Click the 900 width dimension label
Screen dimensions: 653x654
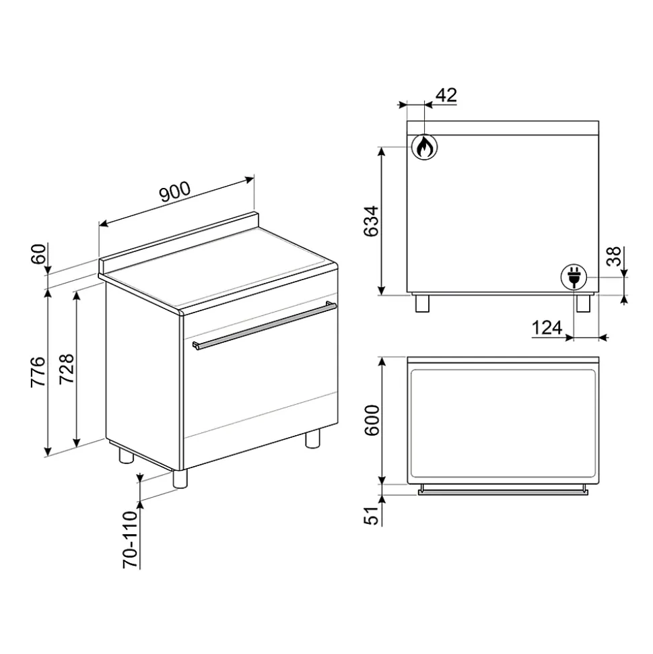click(x=175, y=192)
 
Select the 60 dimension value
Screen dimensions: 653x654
click(x=38, y=254)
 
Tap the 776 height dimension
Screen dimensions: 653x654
click(x=38, y=372)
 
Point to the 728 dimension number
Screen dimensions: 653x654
click(x=67, y=369)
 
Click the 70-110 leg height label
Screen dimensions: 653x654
click(x=130, y=539)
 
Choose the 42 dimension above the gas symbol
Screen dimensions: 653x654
click(x=446, y=96)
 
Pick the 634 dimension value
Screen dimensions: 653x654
click(x=371, y=221)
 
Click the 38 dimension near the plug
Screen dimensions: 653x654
click(x=614, y=257)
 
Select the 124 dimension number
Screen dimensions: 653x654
click(x=547, y=328)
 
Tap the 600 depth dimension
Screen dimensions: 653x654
click(x=372, y=420)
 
